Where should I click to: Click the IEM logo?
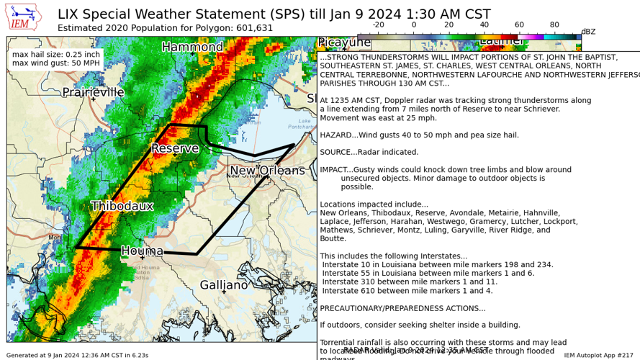click(23, 17)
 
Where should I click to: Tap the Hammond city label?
click(192, 47)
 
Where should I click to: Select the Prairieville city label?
click(93, 92)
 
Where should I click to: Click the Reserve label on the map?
click(174, 148)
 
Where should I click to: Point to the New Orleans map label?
click(266, 171)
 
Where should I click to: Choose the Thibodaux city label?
click(122, 206)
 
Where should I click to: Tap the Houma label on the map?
click(142, 251)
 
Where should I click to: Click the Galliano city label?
click(224, 284)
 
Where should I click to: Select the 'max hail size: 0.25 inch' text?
click(56, 55)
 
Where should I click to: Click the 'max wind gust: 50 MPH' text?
click(56, 64)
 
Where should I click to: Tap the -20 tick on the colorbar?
click(377, 24)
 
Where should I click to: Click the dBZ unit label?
click(588, 32)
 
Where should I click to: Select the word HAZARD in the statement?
click(335, 135)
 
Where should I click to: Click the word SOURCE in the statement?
click(335, 152)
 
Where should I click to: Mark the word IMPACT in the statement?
click(335, 170)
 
